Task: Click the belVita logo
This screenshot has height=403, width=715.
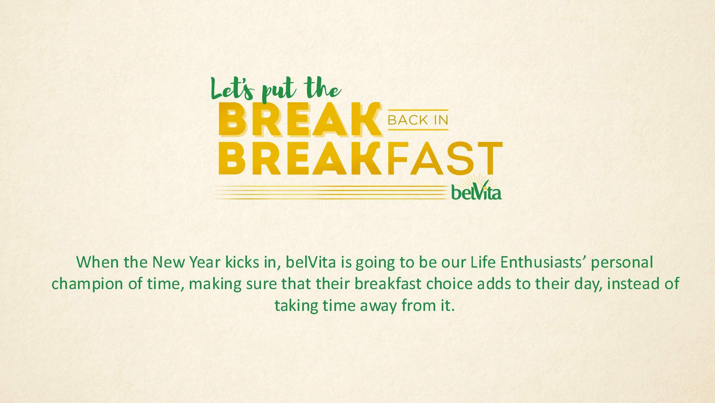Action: tap(476, 190)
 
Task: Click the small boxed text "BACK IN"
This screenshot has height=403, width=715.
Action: tap(418, 120)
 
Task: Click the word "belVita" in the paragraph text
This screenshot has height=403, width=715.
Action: tap(310, 262)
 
